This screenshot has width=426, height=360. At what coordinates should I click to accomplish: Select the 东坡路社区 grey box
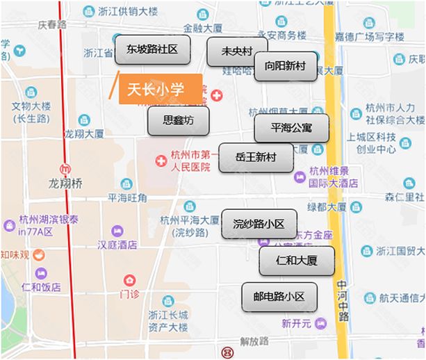pos(152,50)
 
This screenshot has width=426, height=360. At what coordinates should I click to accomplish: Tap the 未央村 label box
pos(236,51)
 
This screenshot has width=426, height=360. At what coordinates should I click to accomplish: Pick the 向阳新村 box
pos(285,66)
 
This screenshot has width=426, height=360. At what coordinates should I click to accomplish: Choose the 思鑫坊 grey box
pos(178,120)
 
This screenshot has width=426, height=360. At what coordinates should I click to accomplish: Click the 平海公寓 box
pos(291,128)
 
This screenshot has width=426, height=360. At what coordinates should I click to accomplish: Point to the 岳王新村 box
pos(256,158)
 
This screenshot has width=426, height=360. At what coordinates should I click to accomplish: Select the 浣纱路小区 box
pos(259,224)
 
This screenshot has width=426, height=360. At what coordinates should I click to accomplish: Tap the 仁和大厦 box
pos(296,261)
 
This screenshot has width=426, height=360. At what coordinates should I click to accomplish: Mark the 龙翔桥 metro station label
pos(65,183)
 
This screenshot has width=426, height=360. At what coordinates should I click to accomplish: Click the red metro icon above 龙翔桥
pos(65,168)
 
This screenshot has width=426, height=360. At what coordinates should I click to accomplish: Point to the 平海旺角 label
pos(127,198)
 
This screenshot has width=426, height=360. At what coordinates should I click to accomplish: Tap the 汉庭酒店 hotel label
pos(117,244)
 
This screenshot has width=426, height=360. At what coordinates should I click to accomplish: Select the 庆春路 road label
pos(51,24)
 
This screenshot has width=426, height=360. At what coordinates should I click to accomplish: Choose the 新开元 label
pos(297,323)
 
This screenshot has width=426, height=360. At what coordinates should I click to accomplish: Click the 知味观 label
pos(15,254)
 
